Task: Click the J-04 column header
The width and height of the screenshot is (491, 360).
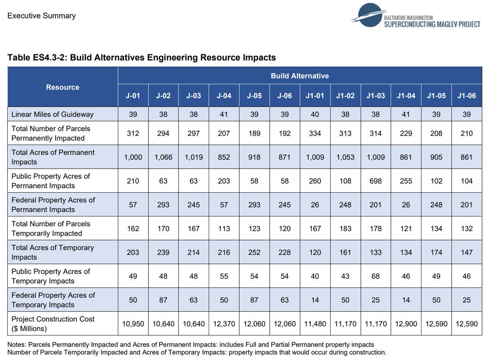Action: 224,96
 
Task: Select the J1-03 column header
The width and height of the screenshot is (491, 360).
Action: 376,96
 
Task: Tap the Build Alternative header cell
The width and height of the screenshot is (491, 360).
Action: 300,76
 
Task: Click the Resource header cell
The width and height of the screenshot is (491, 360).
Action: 63,87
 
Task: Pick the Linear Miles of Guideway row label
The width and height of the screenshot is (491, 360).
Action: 52,114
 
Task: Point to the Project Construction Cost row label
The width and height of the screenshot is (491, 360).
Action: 53,324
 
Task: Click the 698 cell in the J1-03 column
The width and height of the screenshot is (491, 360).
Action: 376,181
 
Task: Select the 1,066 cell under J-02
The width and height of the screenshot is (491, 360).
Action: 163,157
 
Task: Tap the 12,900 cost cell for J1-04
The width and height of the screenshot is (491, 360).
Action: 406,324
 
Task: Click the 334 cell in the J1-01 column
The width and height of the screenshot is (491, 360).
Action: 315,133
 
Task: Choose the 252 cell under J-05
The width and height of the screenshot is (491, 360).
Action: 254,252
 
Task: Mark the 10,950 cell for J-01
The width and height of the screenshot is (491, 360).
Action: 133,324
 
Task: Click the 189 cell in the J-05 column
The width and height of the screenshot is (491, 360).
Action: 254,133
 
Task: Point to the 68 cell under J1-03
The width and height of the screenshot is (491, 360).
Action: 376,276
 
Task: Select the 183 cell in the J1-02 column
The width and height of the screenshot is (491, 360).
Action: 345,229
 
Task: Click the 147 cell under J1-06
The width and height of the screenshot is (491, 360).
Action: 466,252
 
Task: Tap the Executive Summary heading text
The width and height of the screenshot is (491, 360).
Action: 41,16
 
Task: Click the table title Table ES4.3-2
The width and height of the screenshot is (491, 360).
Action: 142,58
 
